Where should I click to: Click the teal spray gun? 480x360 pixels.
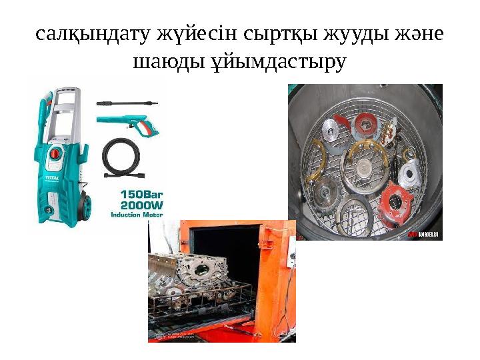(x=127, y=122)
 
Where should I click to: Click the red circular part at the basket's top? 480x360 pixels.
(x=366, y=122)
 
